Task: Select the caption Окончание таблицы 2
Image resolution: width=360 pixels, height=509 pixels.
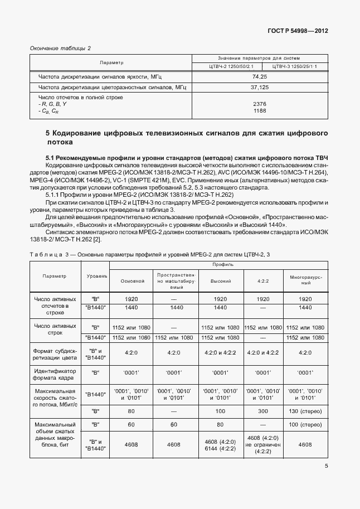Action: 60,48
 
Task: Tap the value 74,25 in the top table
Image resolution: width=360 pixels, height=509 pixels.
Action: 260,76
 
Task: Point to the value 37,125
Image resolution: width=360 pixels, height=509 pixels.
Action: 260,88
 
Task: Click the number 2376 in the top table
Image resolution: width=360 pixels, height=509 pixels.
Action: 260,104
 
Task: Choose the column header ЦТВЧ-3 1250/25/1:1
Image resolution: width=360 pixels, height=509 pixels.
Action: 294,67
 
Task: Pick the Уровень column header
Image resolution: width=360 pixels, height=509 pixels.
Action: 98,277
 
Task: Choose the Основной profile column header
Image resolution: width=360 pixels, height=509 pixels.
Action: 133,280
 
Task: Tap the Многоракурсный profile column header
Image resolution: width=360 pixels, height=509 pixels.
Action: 305,280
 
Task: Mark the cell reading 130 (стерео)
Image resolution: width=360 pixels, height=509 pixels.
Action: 305,411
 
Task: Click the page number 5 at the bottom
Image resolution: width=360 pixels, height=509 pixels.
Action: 325,467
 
